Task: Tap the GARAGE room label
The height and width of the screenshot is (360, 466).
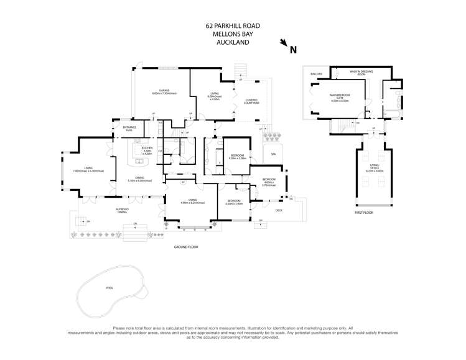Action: [164, 90]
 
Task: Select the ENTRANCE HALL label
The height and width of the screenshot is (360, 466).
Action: [129, 129]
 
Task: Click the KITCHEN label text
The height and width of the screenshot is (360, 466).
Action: [147, 148]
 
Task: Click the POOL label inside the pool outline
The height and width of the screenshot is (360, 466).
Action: [110, 288]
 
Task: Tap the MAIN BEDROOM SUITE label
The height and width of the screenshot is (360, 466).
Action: [340, 96]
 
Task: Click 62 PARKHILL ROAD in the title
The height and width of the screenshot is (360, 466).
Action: [233, 26]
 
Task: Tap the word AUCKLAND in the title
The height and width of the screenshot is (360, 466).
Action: [233, 43]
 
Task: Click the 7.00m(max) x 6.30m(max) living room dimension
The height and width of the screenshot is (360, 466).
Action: [88, 171]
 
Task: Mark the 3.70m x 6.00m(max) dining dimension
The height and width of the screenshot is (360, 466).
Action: [140, 180]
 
